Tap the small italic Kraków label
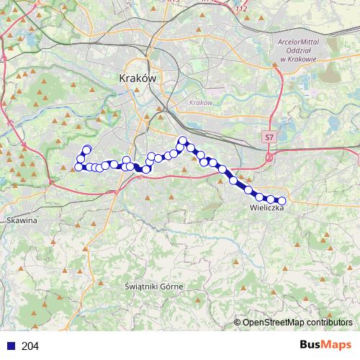(200, 103)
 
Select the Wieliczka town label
(267, 208)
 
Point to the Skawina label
(21, 220)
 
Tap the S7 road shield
(269, 136)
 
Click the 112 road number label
(242, 9)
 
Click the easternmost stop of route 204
(282, 201)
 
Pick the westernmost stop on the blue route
(78, 167)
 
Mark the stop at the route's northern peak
(183, 140)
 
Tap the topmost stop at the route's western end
(87, 149)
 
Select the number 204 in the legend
(30, 346)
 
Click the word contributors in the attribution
(330, 322)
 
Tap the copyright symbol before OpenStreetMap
(238, 322)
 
